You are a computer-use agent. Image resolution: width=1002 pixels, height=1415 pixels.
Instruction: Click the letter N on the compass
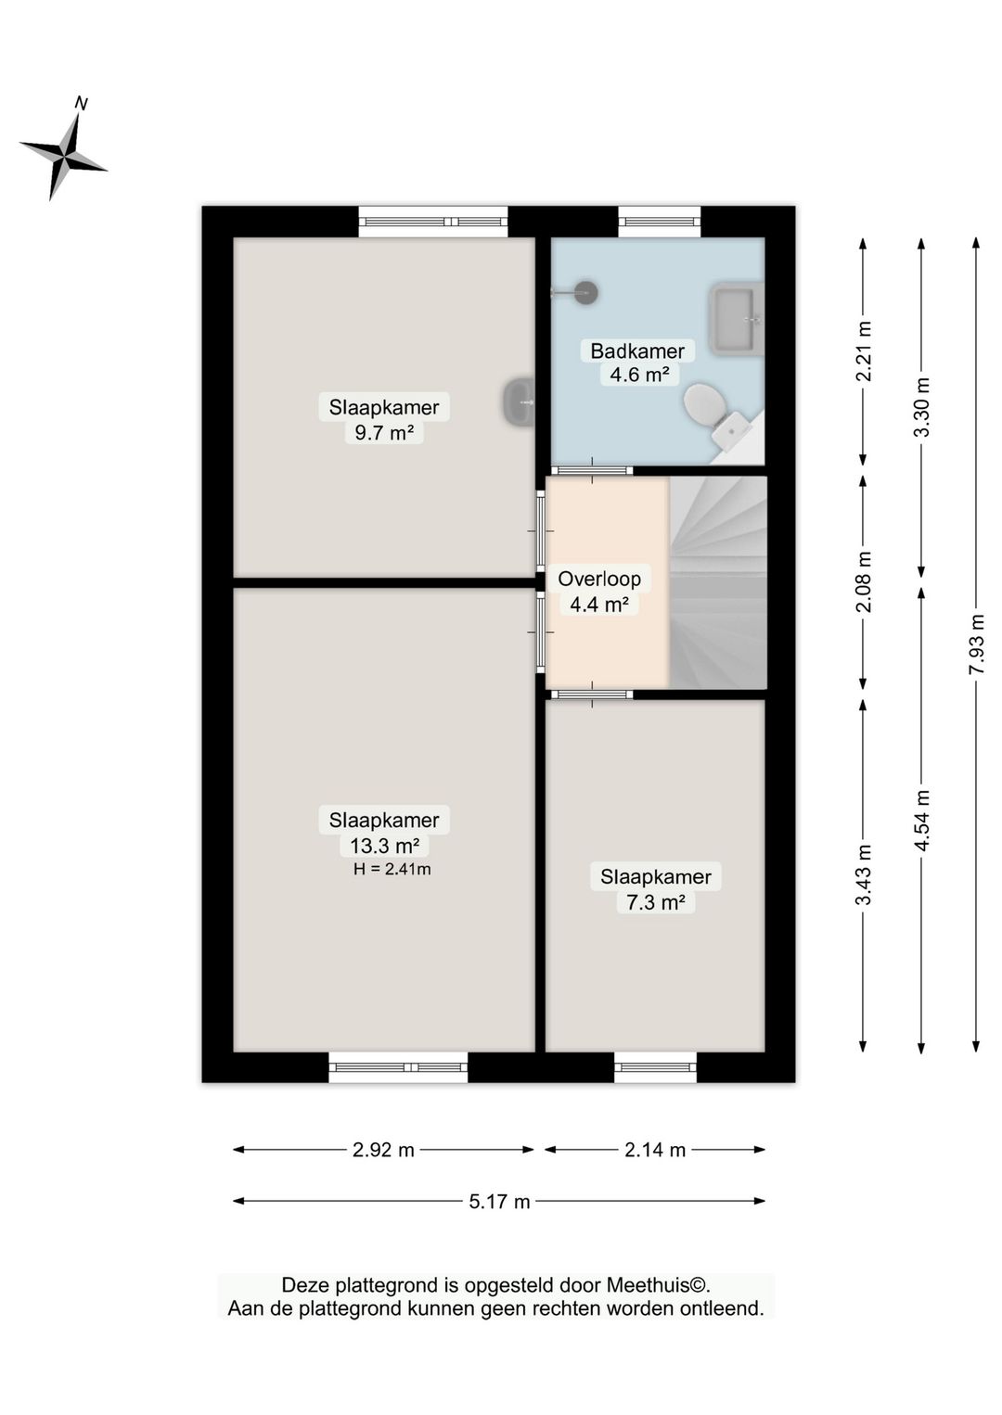click(81, 103)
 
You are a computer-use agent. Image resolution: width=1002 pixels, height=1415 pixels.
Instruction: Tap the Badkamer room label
click(637, 351)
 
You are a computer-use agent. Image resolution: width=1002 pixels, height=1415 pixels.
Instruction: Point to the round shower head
click(587, 292)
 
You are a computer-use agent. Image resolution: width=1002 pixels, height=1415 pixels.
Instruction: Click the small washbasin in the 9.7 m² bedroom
click(520, 402)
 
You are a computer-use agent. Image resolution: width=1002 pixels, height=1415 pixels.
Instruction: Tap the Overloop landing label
click(599, 579)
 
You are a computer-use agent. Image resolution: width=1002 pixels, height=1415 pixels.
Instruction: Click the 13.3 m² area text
click(384, 846)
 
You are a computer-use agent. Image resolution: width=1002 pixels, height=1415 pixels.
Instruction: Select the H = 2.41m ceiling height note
click(392, 869)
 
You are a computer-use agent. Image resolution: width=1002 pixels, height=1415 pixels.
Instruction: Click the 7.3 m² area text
click(656, 903)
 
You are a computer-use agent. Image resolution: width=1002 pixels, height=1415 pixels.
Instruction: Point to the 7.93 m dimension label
click(977, 644)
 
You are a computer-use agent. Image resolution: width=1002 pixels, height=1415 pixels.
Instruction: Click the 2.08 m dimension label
click(864, 581)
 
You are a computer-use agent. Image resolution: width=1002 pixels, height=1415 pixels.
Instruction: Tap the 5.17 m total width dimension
click(499, 1201)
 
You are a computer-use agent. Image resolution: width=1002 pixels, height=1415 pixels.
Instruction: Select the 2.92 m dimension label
click(383, 1150)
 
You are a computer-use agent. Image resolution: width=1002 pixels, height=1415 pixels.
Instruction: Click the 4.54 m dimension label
click(921, 821)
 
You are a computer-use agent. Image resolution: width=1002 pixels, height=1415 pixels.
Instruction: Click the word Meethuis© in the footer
click(657, 1285)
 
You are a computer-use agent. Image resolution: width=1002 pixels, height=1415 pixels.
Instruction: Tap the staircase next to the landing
click(718, 582)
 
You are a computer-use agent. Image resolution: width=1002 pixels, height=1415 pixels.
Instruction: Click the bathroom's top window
click(660, 221)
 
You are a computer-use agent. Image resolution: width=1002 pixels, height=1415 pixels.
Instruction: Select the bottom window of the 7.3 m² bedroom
click(656, 1067)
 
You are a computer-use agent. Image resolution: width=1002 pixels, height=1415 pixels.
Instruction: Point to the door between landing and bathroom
click(592, 470)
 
